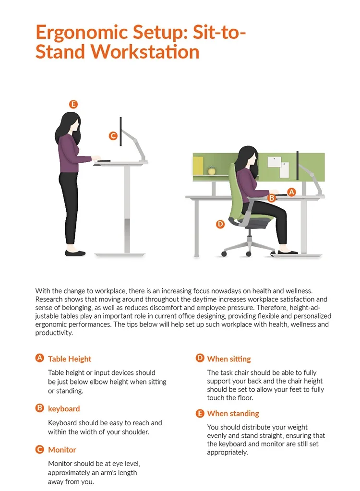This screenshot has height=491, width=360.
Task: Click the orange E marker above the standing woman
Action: click(x=73, y=104)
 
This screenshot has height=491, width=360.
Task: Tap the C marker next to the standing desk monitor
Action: click(x=113, y=136)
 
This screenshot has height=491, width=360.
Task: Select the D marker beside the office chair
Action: click(x=220, y=224)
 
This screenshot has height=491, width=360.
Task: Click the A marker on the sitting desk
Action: click(x=291, y=192)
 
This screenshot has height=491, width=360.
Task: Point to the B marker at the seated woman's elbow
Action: click(x=271, y=198)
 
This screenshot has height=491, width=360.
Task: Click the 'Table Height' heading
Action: click(x=70, y=359)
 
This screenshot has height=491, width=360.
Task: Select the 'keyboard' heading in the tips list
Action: click(x=64, y=408)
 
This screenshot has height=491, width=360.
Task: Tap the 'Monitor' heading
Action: click(x=62, y=450)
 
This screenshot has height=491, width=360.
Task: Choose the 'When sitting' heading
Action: click(x=229, y=359)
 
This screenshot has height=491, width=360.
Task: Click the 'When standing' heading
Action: click(x=233, y=413)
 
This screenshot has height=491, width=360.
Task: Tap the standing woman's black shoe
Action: click(x=75, y=253)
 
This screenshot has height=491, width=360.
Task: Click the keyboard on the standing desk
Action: click(x=103, y=161)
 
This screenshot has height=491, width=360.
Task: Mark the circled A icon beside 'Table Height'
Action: click(x=39, y=358)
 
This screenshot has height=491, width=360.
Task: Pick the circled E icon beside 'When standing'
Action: click(x=200, y=413)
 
